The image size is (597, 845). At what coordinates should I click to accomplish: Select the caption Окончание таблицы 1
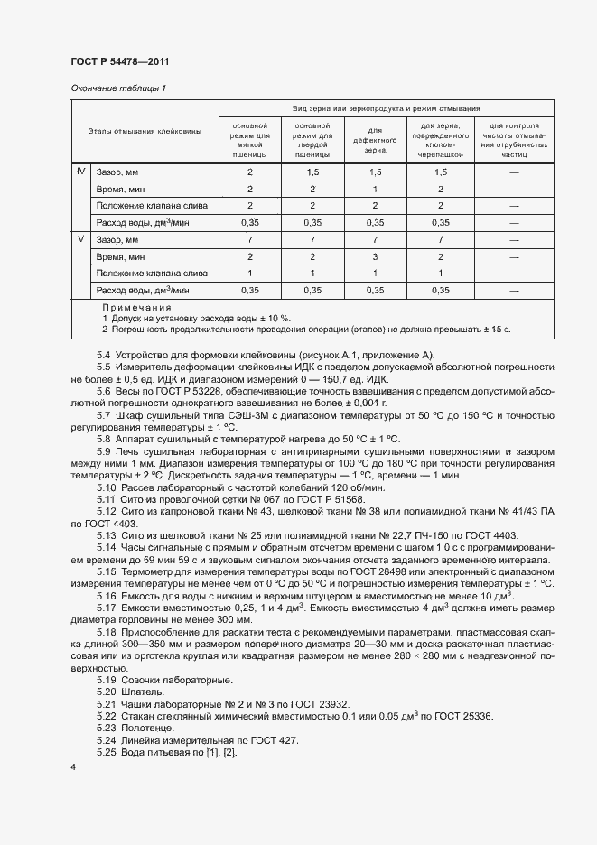[117, 88]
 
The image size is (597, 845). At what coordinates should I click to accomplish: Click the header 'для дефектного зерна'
[375, 141]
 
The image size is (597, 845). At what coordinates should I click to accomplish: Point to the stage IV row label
[81, 172]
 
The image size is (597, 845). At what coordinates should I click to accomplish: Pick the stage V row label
[81, 239]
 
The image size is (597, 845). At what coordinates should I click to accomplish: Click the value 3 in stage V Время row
[375, 256]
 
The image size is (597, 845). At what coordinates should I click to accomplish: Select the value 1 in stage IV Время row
[375, 189]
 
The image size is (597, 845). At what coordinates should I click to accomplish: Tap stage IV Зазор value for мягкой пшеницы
[250, 172]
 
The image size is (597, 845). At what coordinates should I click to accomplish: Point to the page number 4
[73, 766]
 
